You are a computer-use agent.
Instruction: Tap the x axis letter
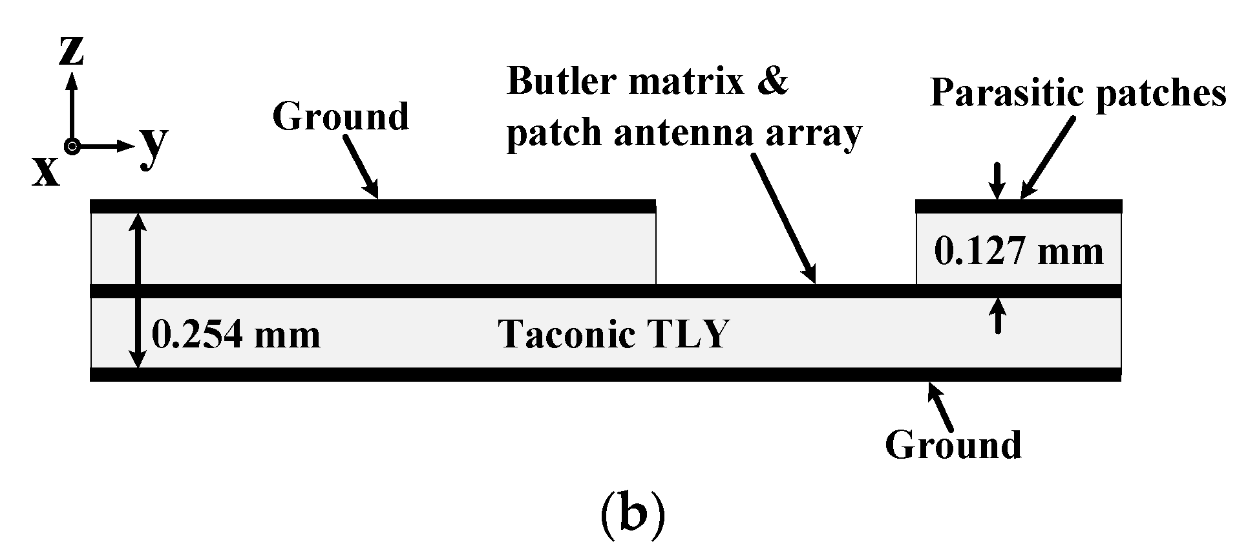click(46, 171)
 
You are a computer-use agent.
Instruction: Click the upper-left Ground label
click(341, 117)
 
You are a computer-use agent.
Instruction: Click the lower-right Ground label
click(953, 445)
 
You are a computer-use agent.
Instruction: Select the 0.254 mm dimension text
click(236, 335)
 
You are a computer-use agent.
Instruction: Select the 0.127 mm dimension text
click(1019, 252)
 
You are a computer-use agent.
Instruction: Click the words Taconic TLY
click(614, 335)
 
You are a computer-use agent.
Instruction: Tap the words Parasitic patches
click(1078, 94)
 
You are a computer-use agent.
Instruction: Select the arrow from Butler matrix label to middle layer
click(783, 217)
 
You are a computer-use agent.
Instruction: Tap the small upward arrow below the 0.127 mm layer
click(999, 315)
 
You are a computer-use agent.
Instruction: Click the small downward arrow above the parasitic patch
click(999, 181)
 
